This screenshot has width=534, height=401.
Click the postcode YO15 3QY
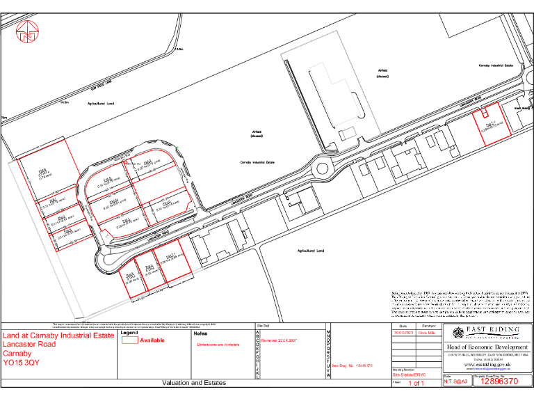click(x=21, y=363)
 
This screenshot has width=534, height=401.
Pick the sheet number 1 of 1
click(x=416, y=383)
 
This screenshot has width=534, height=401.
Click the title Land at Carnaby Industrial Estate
click(x=58, y=336)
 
